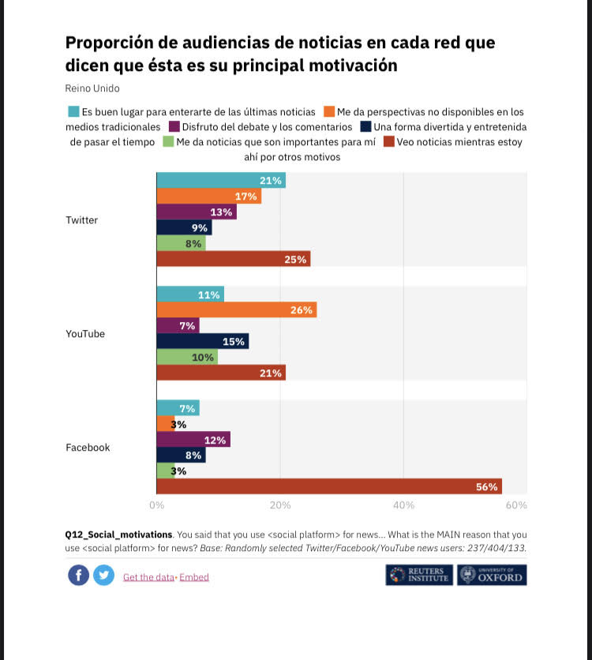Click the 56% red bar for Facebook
tap(329, 486)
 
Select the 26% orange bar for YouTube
tap(236, 309)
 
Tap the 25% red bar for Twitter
tap(233, 259)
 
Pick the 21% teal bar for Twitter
tap(221, 181)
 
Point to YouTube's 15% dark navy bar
tap(202, 341)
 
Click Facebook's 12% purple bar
tap(193, 439)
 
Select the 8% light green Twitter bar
tap(181, 243)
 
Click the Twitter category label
tap(81, 220)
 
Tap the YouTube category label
tap(84, 334)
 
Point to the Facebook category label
tap(88, 448)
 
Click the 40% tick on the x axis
tap(403, 504)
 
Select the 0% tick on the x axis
tap(156, 504)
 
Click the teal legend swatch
tap(73, 111)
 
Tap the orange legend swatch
tap(328, 111)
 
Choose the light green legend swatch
tap(167, 142)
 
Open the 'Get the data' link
tap(148, 577)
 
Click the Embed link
tap(194, 577)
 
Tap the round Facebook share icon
tap(78, 576)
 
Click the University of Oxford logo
tap(492, 575)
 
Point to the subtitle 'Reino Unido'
tap(92, 88)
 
